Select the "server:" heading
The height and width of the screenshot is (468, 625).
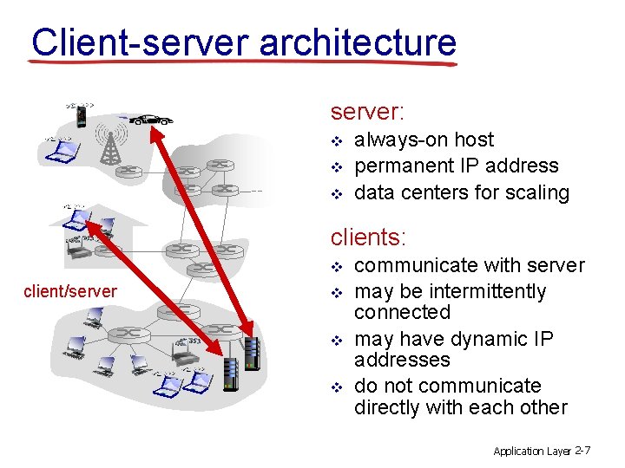[x=367, y=113]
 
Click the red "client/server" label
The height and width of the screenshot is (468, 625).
[x=70, y=291]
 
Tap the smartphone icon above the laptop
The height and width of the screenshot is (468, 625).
[x=80, y=114]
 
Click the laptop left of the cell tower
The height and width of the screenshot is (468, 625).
[x=63, y=152]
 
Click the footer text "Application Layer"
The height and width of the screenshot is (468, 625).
[x=532, y=451]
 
